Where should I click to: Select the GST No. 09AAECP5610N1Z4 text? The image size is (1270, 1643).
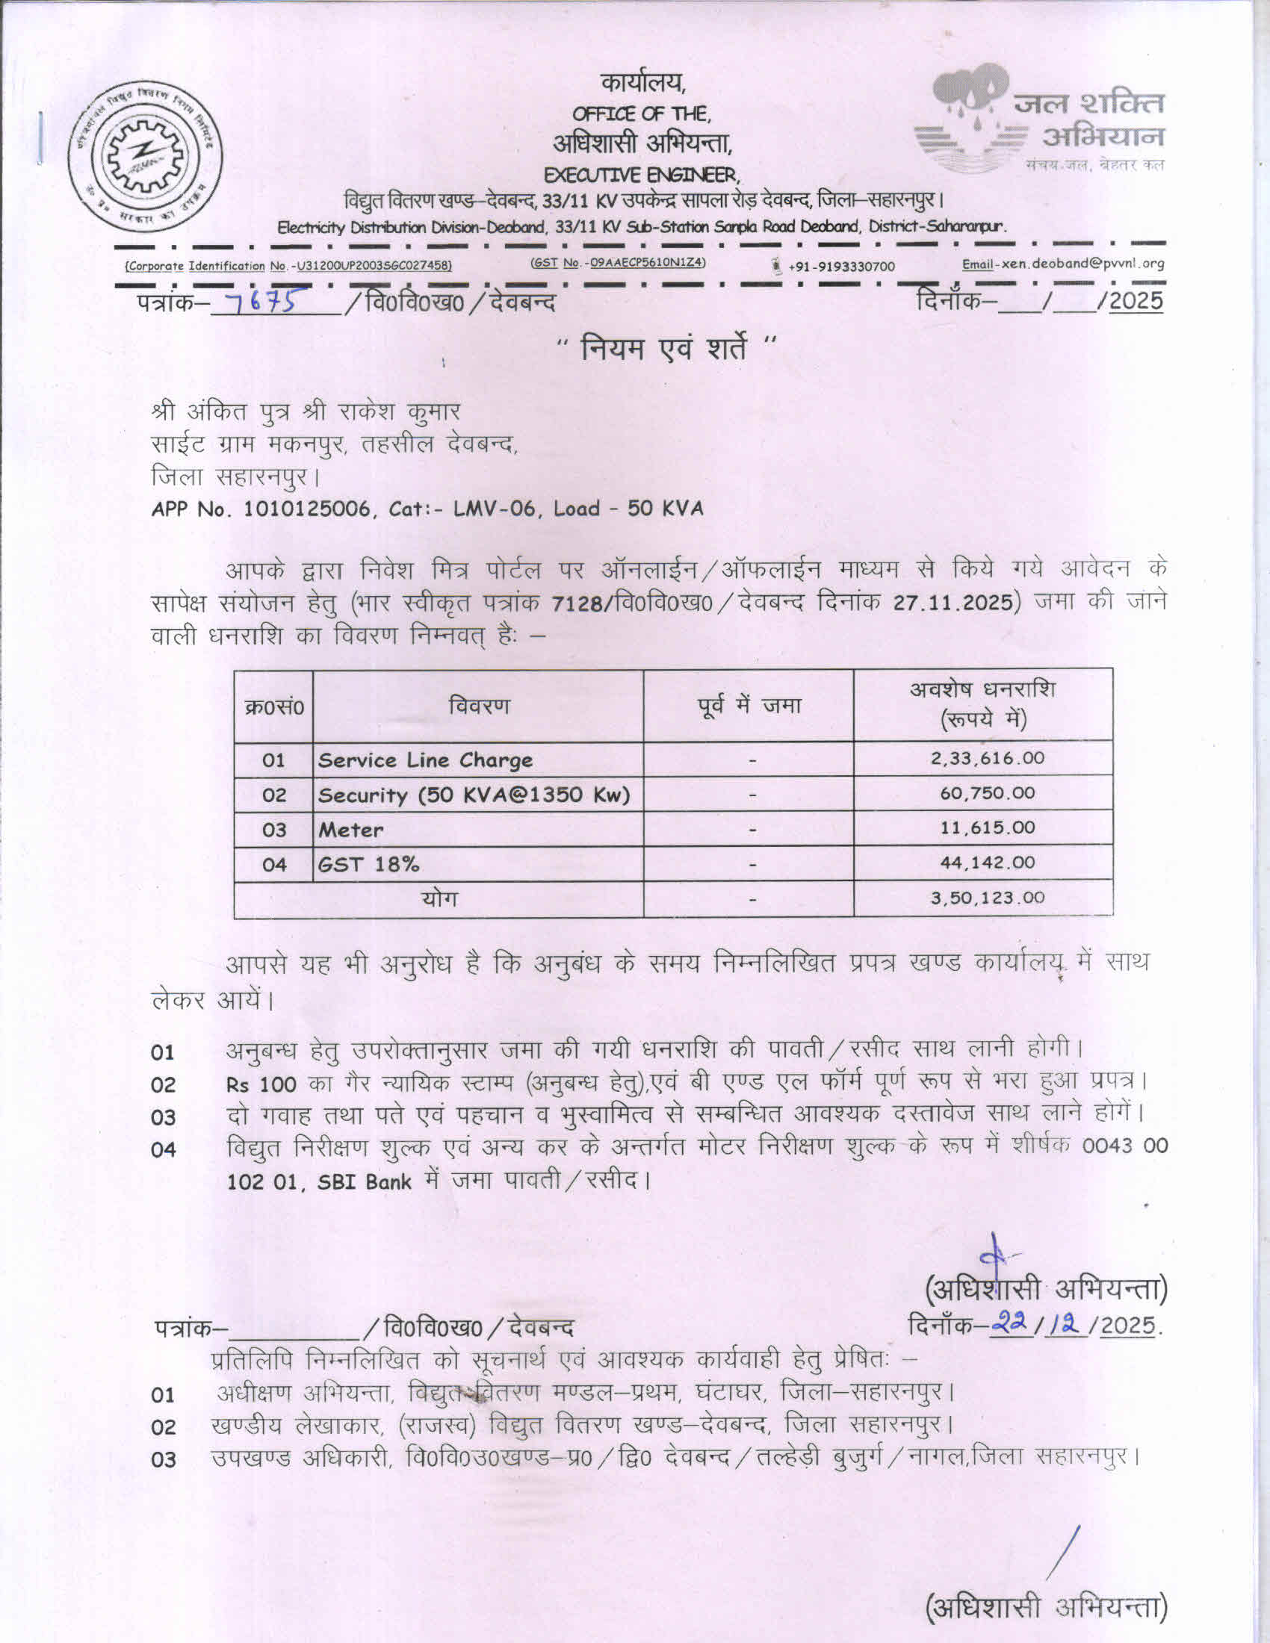pos(619,263)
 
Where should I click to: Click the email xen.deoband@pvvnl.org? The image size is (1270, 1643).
pos(1063,264)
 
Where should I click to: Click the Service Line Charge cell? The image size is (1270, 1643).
pos(425,760)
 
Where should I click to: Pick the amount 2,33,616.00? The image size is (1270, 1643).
pos(987,757)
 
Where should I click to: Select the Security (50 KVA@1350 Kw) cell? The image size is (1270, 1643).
pos(473,795)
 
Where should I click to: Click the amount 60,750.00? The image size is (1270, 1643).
pos(987,793)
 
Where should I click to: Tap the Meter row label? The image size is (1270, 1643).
pos(350,830)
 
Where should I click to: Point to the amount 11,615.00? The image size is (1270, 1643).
pos(987,827)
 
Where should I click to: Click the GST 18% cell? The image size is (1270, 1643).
pos(368,864)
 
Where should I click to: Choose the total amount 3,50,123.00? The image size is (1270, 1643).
pos(987,898)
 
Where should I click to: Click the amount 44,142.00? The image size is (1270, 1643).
pos(987,863)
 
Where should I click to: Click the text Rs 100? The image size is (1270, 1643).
pos(260,1085)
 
